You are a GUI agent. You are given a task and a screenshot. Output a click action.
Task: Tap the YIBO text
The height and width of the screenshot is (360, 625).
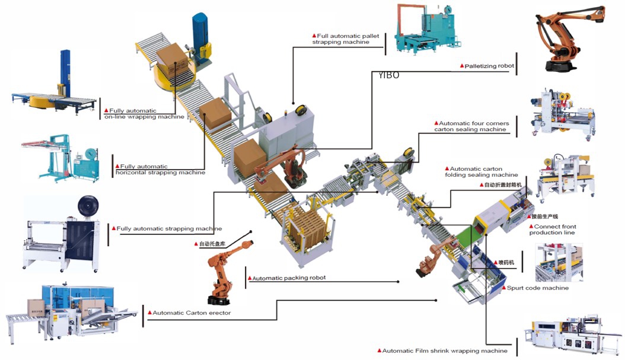click(389, 75)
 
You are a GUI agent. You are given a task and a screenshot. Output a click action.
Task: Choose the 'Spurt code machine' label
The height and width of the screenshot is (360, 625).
click(537, 288)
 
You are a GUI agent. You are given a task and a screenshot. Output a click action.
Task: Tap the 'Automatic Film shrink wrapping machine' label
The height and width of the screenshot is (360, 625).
click(444, 351)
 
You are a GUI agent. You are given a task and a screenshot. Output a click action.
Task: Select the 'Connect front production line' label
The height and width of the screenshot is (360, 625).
click(552, 230)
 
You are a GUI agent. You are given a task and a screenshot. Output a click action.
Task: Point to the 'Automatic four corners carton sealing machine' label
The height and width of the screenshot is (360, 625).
click(471, 126)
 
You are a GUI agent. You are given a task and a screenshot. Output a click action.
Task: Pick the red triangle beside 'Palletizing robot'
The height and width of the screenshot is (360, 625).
click(462, 66)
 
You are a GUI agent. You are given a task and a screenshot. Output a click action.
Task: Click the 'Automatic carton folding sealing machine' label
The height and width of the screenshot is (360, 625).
click(481, 172)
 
